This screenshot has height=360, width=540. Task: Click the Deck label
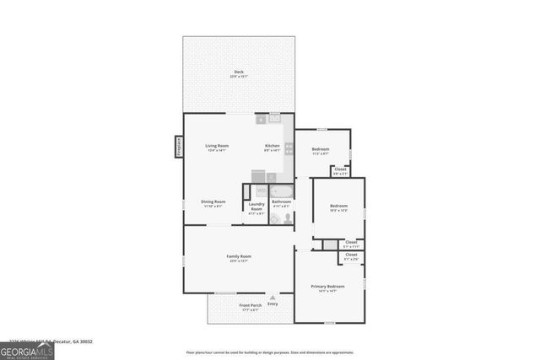(x=239, y=73)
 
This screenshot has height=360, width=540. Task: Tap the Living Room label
(x=217, y=147)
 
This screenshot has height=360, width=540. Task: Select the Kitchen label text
(x=273, y=147)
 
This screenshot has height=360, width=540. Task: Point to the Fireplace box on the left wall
(x=179, y=147)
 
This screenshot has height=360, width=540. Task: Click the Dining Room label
(x=213, y=202)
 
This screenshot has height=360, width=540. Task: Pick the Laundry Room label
(x=256, y=207)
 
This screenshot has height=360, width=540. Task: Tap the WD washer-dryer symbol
(x=261, y=191)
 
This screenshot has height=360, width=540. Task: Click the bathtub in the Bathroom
(x=282, y=191)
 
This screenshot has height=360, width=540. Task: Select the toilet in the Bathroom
(x=288, y=217)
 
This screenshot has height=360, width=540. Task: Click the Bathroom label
(x=281, y=202)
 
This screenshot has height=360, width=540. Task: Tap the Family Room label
(x=239, y=257)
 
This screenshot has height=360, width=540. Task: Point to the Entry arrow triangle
(x=273, y=297)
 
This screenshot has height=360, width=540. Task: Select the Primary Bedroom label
(x=329, y=287)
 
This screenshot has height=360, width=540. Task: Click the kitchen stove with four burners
(x=289, y=148)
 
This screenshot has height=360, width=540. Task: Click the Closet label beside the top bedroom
(x=340, y=170)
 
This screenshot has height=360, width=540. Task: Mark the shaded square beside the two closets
(x=330, y=244)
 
